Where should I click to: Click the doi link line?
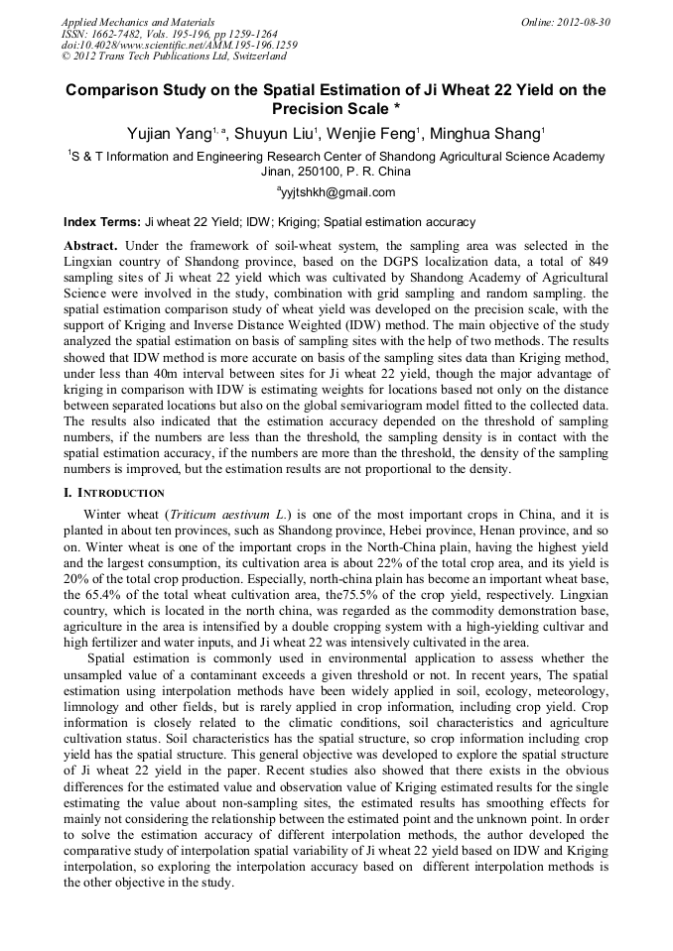pyautogui.click(x=179, y=45)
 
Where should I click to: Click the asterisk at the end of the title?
pyautogui.click(x=397, y=109)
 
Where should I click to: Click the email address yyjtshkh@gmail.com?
pyautogui.click(x=337, y=192)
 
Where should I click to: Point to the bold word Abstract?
pyautogui.click(x=90, y=245)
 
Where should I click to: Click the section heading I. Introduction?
pyautogui.click(x=113, y=493)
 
